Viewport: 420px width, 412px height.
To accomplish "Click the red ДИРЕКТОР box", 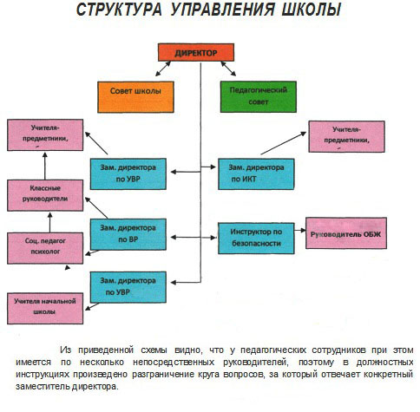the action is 196,52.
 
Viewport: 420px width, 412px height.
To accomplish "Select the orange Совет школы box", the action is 135,97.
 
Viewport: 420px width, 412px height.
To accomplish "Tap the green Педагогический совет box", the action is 259,96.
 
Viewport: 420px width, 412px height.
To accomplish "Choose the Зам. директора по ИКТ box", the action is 256,174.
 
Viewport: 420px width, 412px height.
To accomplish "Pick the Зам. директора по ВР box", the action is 128,234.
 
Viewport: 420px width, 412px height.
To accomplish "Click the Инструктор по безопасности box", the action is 256,239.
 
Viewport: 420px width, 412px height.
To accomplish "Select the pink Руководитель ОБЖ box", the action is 346,233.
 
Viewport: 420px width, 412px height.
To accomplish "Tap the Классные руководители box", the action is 45,195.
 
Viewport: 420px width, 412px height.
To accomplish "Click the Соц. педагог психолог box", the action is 45,248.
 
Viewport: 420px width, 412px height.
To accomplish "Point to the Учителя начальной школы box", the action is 45,309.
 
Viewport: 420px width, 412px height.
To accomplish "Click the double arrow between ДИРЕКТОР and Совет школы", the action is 163,69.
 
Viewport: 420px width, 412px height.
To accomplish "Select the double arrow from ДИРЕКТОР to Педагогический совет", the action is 228,69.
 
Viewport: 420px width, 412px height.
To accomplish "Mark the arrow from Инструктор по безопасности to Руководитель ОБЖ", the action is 300,230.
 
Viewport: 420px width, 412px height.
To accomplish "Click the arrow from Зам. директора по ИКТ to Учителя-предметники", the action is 284,143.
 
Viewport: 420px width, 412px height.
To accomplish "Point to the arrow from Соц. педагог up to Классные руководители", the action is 50,222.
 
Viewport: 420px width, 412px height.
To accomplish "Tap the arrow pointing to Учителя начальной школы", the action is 92,307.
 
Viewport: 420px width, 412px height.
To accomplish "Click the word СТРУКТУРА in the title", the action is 119,10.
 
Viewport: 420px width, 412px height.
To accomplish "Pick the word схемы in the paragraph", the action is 154,350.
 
